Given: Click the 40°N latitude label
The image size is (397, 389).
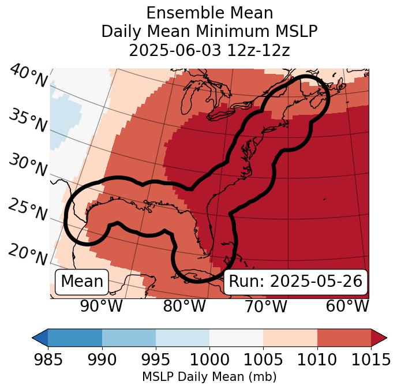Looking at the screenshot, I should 28,76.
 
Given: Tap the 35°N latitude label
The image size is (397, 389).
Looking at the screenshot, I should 28,121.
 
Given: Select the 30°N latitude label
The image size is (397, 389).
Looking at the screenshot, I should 28,166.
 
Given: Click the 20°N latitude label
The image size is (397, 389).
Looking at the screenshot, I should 28,252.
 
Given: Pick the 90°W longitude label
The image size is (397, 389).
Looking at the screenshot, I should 101,306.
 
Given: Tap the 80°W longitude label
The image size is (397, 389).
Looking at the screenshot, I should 185,306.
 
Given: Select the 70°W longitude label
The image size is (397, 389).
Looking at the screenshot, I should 265,306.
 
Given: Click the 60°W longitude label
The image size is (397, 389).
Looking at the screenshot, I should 347,306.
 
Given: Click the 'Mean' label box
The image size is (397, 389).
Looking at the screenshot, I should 82,282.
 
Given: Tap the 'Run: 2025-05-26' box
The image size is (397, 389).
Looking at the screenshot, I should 295,282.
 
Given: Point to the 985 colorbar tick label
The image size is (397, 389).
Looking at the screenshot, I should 48,360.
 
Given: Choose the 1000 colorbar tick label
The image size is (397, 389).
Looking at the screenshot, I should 209,360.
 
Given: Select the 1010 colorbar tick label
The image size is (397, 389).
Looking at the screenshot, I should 317,360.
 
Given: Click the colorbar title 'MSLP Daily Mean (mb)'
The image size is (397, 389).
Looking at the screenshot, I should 209,377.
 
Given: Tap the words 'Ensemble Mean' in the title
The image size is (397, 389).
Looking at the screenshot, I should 209,13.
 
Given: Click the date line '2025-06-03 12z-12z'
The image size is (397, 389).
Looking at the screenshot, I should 209,50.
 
